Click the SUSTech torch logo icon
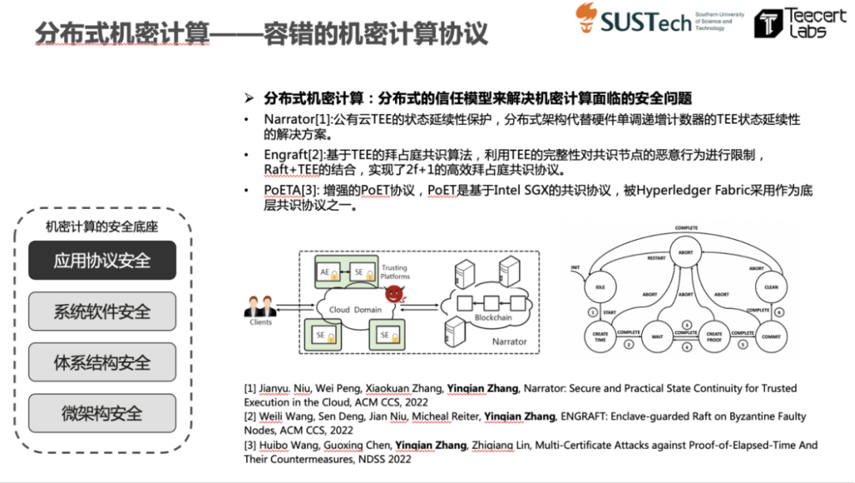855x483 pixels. point(587,17)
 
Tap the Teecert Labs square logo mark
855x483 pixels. point(768,24)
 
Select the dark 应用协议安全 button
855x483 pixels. point(102,260)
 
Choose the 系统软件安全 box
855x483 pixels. point(102,311)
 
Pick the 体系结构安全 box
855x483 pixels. point(102,363)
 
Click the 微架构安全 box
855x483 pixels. point(102,413)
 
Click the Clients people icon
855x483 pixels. point(260,307)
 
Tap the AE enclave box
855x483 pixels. point(328,270)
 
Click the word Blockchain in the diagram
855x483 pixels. point(493,317)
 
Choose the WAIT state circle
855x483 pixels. point(657,336)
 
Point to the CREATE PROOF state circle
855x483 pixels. point(713,336)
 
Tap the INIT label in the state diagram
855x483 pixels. point(576,268)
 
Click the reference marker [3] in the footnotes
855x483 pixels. point(250,445)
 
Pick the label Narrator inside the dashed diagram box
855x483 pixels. point(509,341)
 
